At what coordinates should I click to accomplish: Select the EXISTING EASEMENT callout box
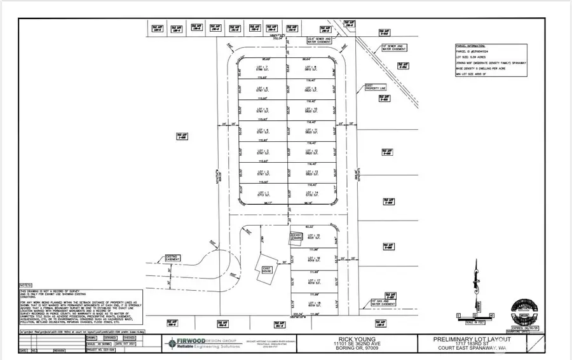coord(173,259)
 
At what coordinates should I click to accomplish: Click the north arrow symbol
coord(476,280)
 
